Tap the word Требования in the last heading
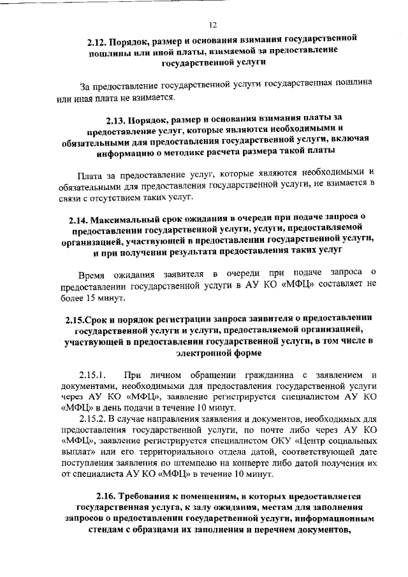[x=150, y=495]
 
